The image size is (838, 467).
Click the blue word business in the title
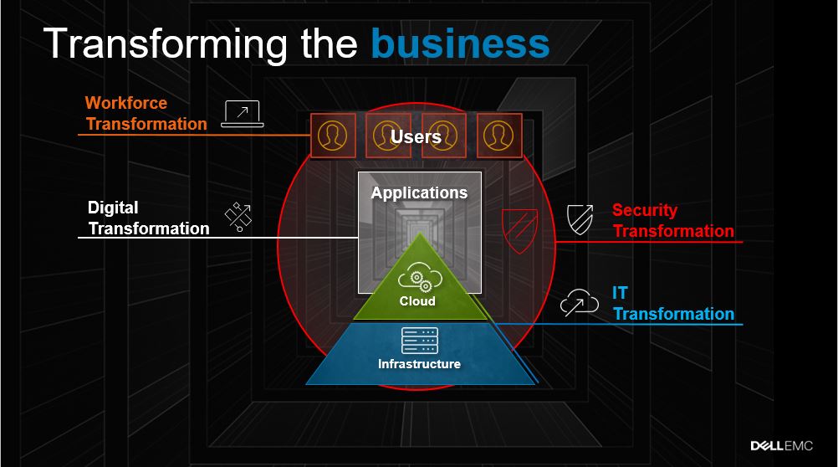460,44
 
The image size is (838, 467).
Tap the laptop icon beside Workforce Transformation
243,114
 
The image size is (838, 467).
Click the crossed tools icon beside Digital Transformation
238,217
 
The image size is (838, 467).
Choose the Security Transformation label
672,221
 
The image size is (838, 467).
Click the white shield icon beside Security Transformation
580,218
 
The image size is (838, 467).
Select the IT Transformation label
672,304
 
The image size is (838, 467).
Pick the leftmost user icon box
333,135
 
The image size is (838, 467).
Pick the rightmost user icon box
499,135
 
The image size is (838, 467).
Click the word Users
416,136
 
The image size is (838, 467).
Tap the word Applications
419,192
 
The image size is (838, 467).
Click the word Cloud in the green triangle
416,301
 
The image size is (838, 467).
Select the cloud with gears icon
416,277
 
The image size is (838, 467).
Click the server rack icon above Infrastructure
419,341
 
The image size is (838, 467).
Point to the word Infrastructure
419,364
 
